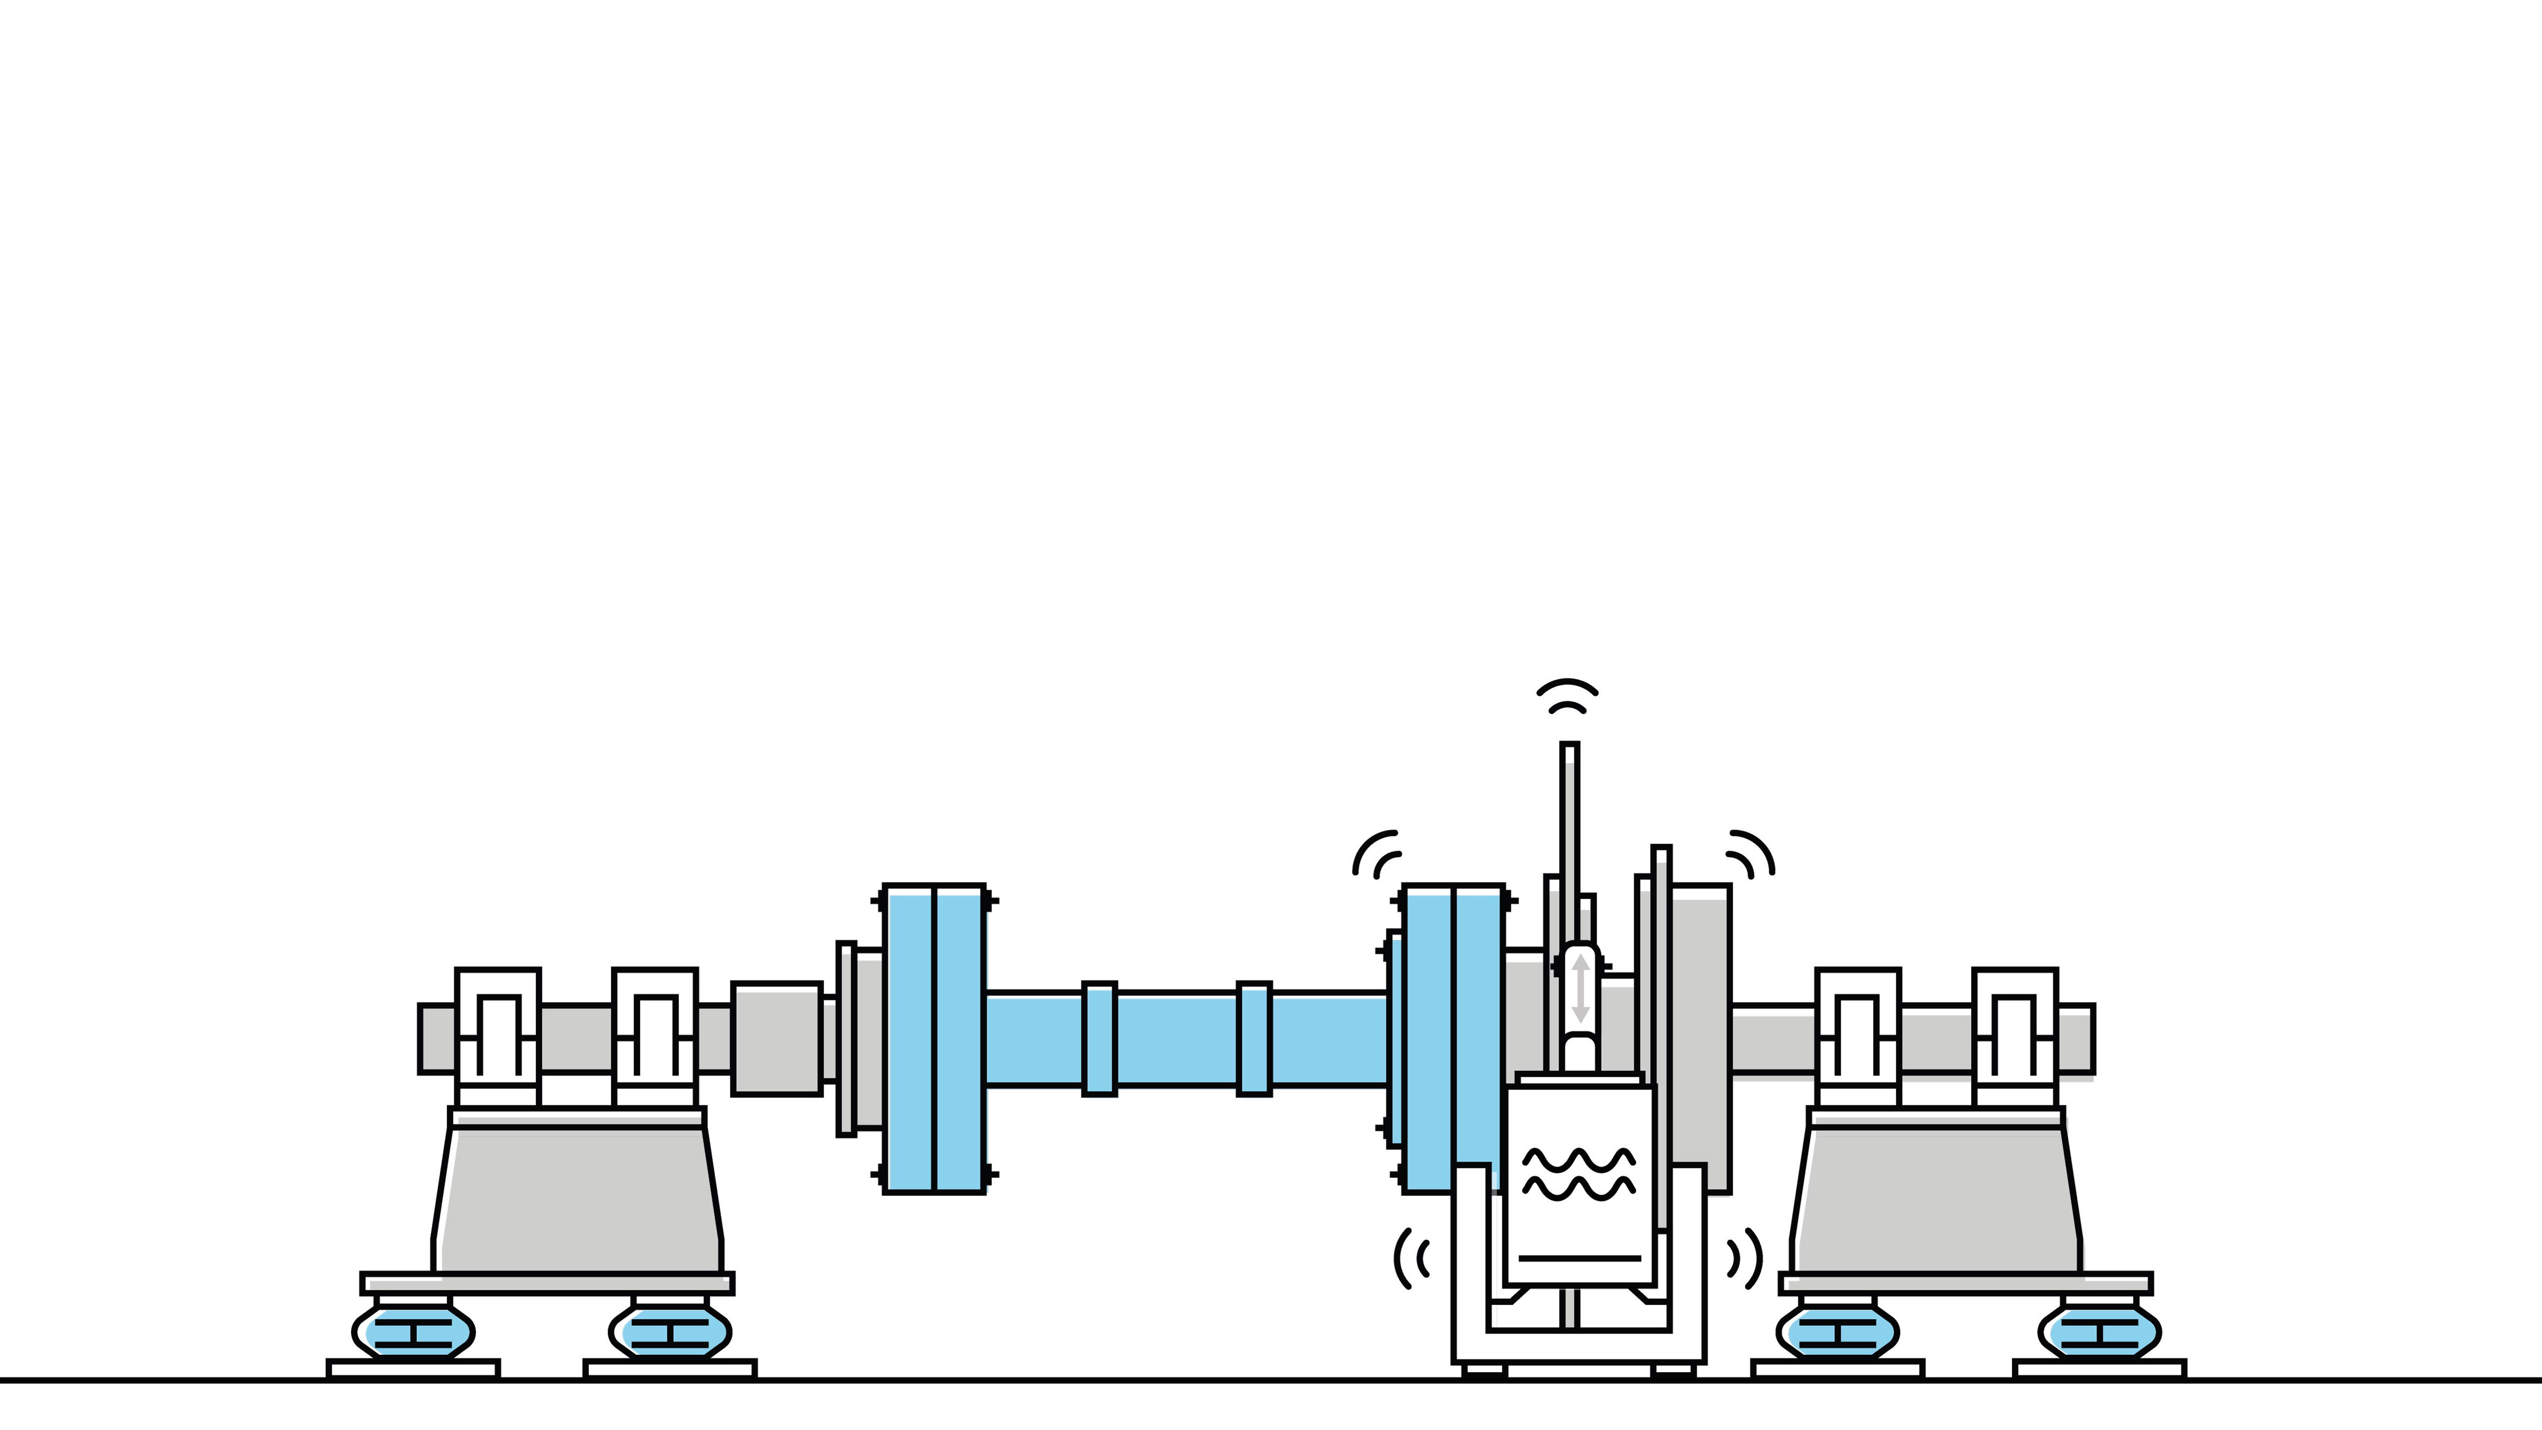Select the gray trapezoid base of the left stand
pyautogui.click(x=577, y=1199)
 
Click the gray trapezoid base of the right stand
pyautogui.click(x=1936, y=1199)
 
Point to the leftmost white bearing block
pyautogui.click(x=497, y=1036)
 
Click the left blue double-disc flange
pyautogui.click(x=934, y=1038)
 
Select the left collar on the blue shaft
pyautogui.click(x=1099, y=1038)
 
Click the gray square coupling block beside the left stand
pyautogui.click(x=776, y=1038)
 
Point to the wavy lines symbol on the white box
pyautogui.click(x=1579, y=1173)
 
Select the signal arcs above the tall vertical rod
pyautogui.click(x=1567, y=696)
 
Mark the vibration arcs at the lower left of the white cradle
pyautogui.click(x=1411, y=1258)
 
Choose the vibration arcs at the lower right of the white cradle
pyautogui.click(x=1744, y=1258)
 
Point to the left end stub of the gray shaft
pyautogui.click(x=436, y=1038)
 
